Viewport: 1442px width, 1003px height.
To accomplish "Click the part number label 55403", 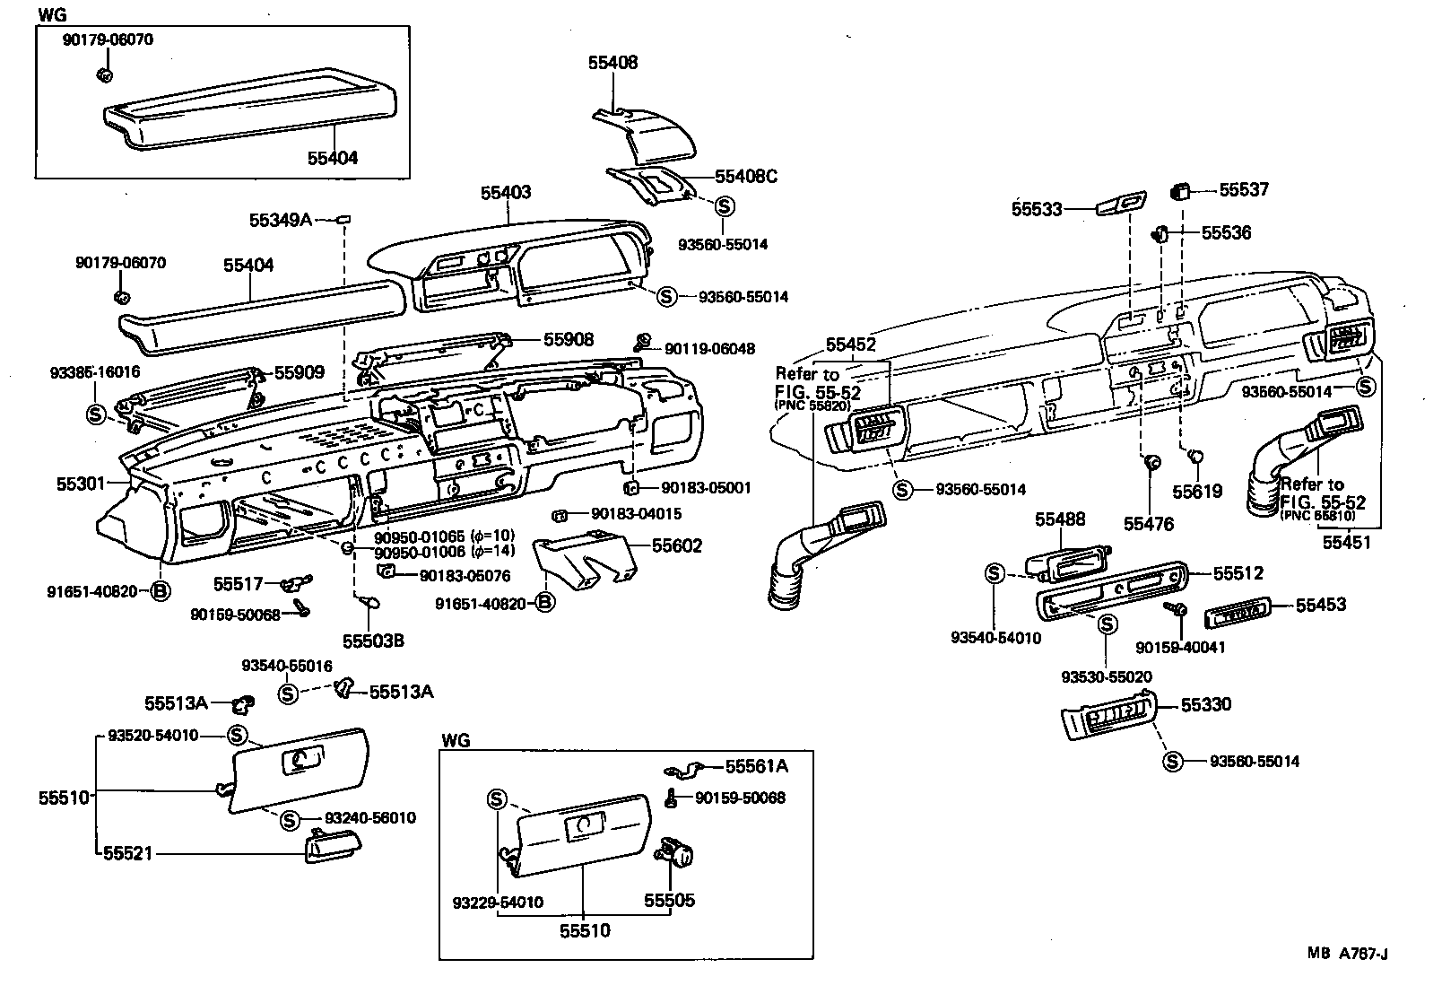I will (x=506, y=192).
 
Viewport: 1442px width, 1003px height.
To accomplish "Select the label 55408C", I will (x=745, y=177).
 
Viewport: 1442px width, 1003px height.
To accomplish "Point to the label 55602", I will (x=677, y=546).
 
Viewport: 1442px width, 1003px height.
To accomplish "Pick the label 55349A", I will (x=281, y=219).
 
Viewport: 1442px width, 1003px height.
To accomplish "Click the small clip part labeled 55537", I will (x=1182, y=191).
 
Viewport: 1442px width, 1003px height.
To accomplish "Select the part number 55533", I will (x=1037, y=209).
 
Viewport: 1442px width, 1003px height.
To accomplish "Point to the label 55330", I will (x=1205, y=704).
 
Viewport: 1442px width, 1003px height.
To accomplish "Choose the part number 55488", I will (x=1060, y=519).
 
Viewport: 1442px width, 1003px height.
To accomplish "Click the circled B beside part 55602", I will (x=544, y=604).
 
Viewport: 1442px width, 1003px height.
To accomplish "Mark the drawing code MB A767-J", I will (x=1347, y=954).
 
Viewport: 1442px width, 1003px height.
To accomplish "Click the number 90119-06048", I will (x=709, y=349).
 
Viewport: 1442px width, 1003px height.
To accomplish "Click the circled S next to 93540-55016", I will (x=287, y=693).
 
